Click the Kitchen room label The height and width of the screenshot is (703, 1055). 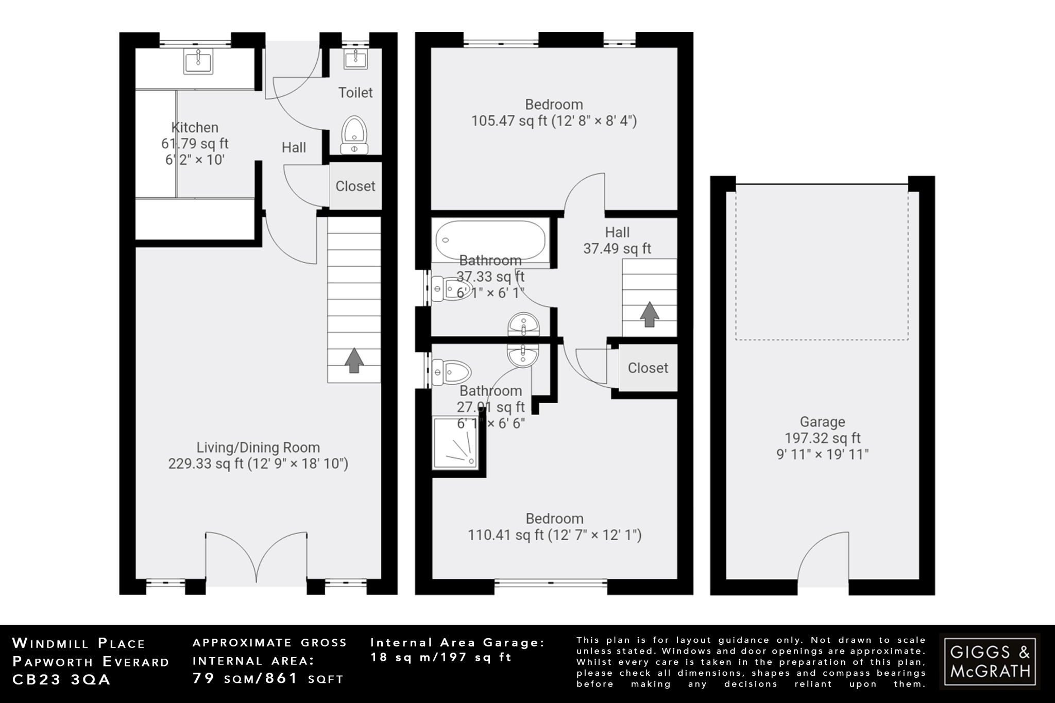coord(194,128)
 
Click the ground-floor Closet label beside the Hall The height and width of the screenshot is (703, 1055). coord(355,186)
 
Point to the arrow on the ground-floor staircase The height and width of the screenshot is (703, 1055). coord(353,360)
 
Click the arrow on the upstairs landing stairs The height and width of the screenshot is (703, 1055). coord(649,314)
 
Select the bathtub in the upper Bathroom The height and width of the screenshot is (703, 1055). coord(490,239)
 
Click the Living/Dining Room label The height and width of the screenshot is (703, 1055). coord(258,447)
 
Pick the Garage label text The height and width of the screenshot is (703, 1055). coord(822,422)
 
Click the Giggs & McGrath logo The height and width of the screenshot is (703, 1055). coord(990,661)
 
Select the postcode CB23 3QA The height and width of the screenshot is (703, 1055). coord(61,680)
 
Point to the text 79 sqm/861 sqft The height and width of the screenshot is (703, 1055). coord(268,679)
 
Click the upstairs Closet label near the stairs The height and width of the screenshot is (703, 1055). coord(648,368)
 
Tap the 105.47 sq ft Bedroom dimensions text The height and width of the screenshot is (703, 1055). coord(554,121)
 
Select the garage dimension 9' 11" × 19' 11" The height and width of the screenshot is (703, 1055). coord(822,455)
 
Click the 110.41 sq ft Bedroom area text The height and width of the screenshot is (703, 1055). coord(554,535)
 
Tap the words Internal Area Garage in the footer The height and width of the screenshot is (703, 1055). coord(457,642)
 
